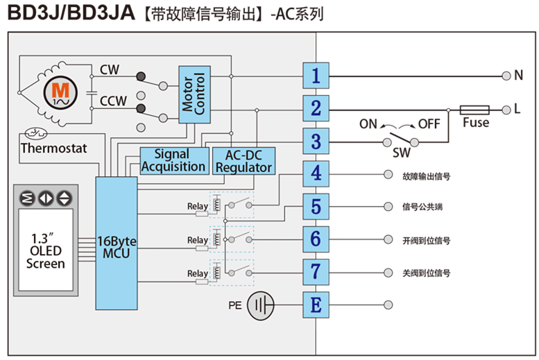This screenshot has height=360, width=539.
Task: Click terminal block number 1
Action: coord(316,75)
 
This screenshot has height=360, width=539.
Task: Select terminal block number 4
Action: coord(316,173)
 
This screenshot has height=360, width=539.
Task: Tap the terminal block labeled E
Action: coord(316,305)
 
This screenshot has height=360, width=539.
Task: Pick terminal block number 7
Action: coord(316,272)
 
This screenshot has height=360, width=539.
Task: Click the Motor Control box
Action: coord(194,94)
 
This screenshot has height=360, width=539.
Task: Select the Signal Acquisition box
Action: coord(173,160)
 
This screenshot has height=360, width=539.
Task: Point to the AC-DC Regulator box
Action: coord(243,160)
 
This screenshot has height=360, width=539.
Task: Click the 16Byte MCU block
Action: coord(117,243)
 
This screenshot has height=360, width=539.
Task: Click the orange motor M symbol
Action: coord(61,91)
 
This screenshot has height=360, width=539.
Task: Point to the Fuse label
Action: coord(476,123)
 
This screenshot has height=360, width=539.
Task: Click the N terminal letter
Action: coord(517,75)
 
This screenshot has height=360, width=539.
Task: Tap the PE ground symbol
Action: coord(262,305)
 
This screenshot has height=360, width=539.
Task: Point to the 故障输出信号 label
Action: coord(427,176)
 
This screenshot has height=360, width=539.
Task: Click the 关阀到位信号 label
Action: coord(427,273)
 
